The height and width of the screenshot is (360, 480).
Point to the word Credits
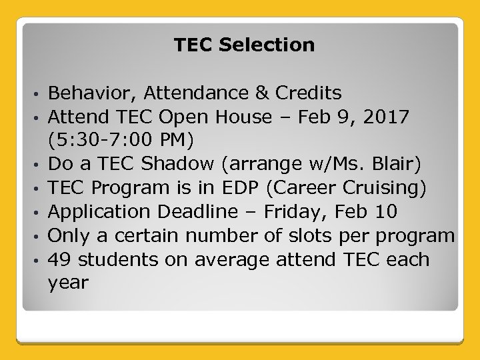pos(309,93)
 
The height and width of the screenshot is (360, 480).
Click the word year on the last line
pos(68,283)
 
